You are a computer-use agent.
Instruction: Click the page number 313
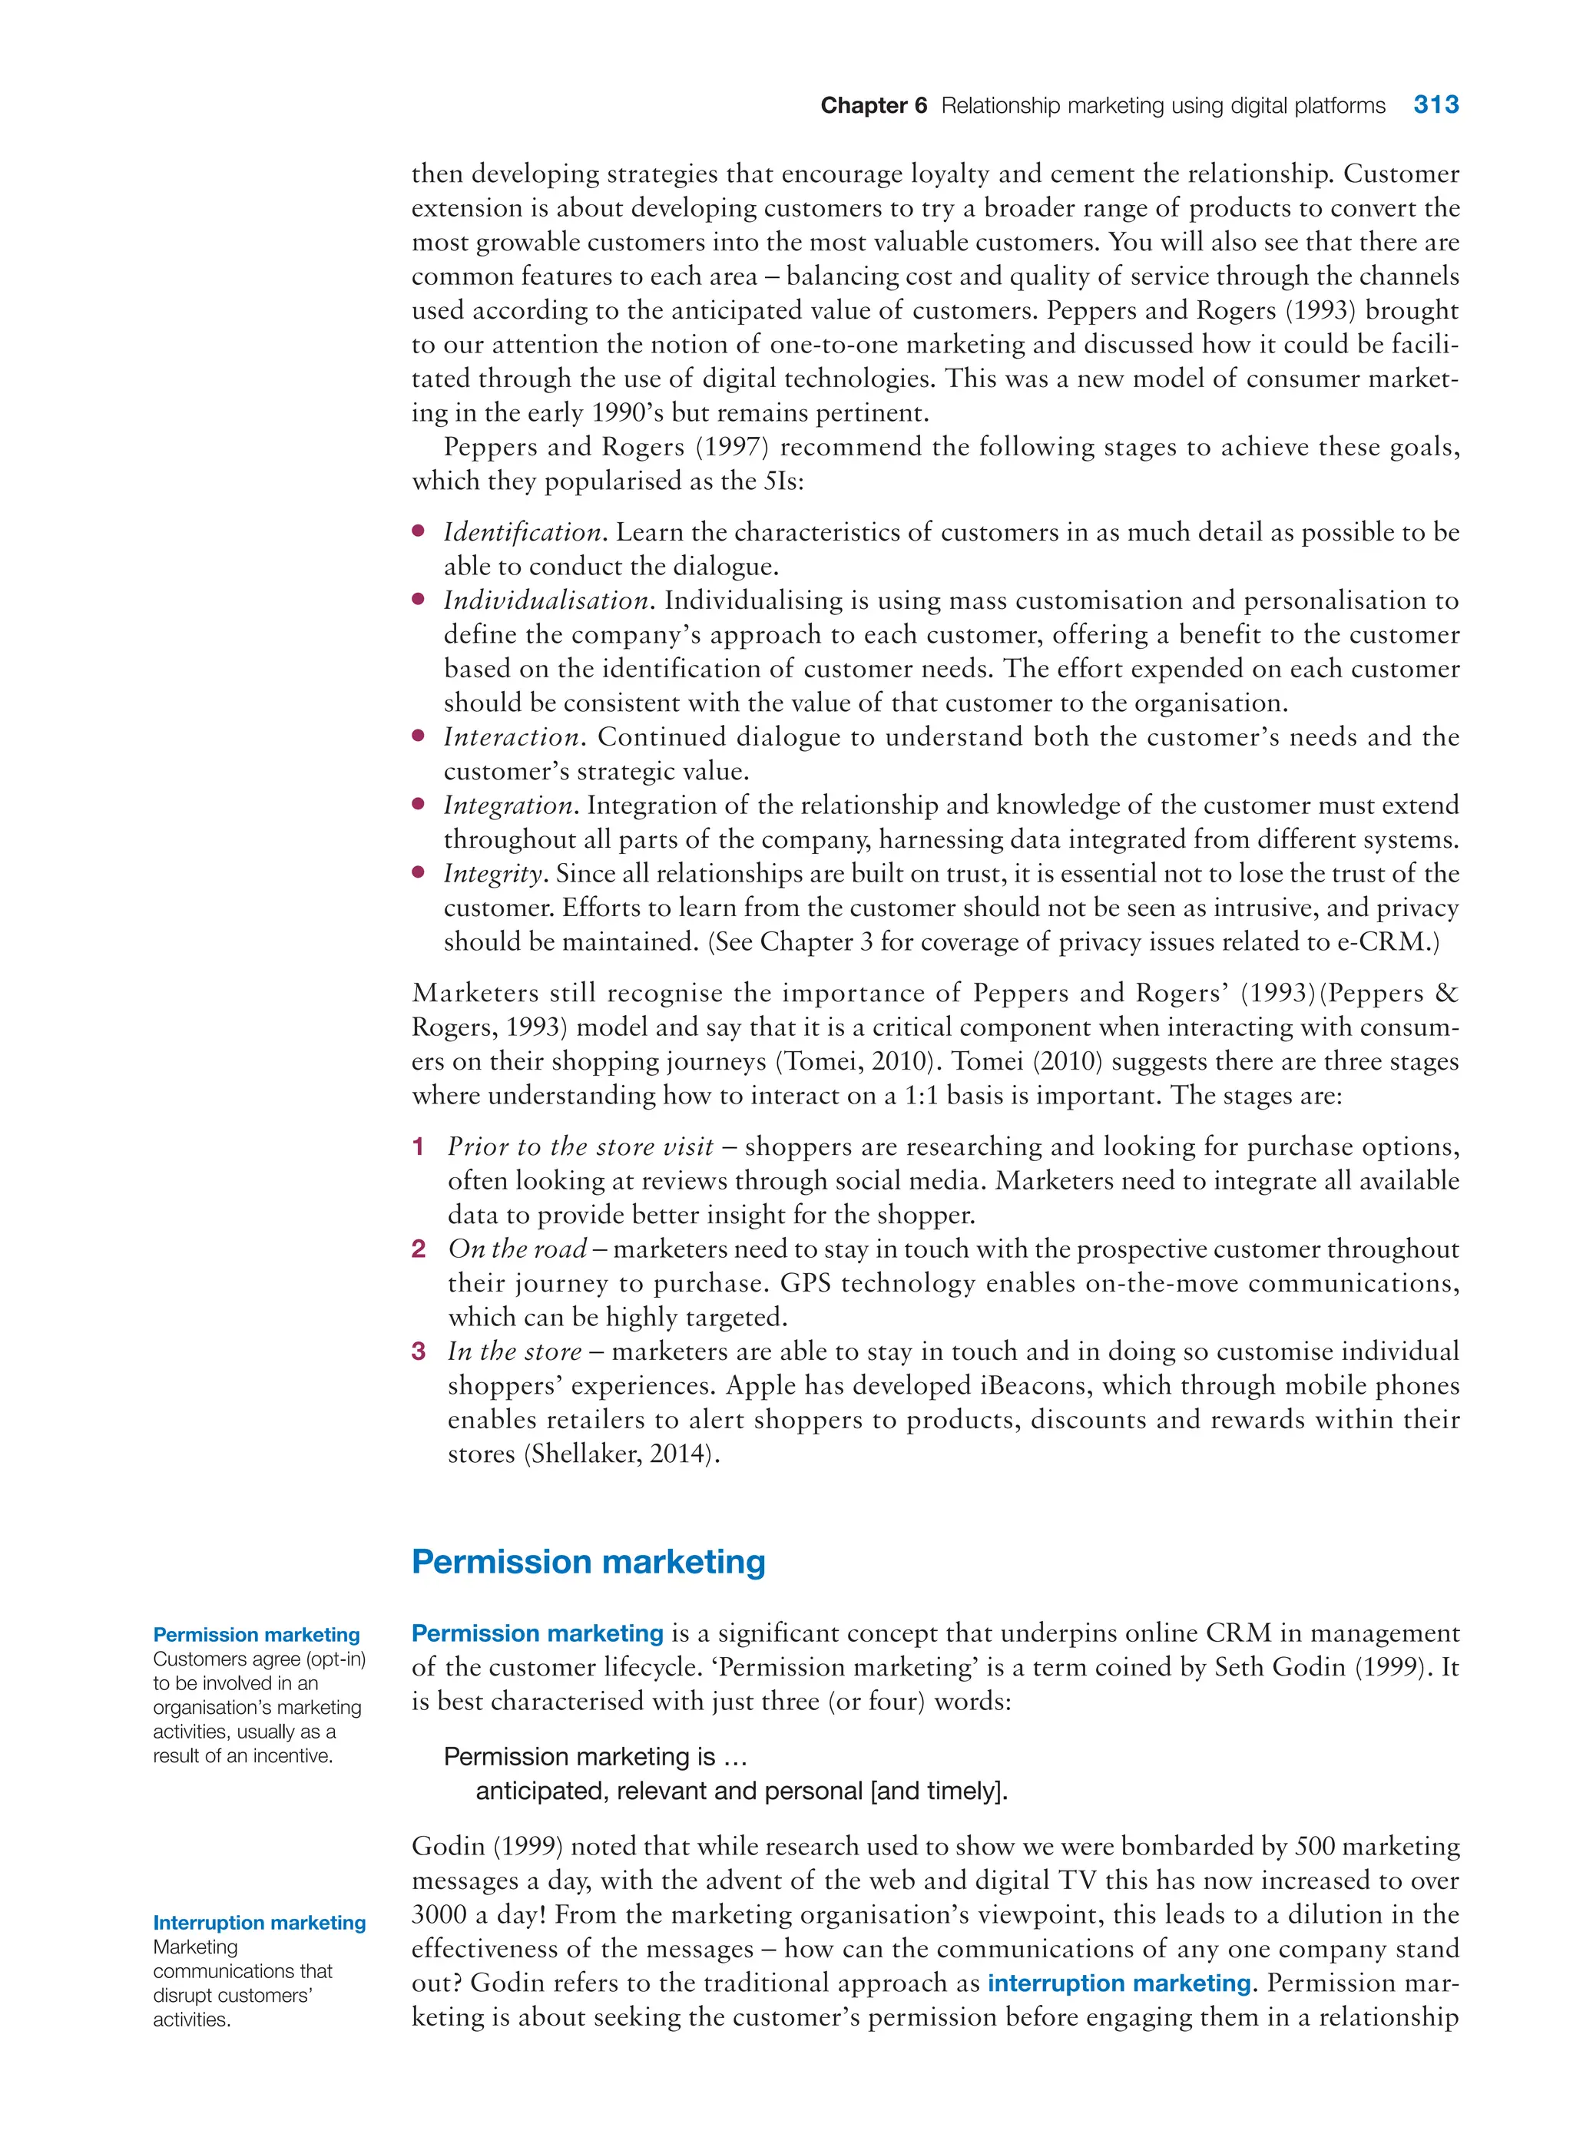[x=1435, y=104]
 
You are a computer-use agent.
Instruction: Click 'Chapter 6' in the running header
[x=873, y=106]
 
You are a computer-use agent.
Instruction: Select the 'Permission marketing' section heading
[x=588, y=1562]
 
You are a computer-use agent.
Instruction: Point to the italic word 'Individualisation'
[x=547, y=600]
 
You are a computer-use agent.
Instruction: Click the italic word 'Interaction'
[x=512, y=736]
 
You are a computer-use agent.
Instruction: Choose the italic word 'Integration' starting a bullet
[x=508, y=806]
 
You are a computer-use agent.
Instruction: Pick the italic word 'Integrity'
[x=493, y=874]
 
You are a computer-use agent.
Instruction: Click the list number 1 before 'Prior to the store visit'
[x=418, y=1147]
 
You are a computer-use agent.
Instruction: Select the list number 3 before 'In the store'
[x=418, y=1351]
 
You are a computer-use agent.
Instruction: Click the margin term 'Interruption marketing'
[x=259, y=1923]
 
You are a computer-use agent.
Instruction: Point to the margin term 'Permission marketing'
[x=256, y=1634]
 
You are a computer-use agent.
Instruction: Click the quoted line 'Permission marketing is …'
[x=595, y=1756]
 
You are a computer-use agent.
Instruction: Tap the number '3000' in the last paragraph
[x=439, y=1915]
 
